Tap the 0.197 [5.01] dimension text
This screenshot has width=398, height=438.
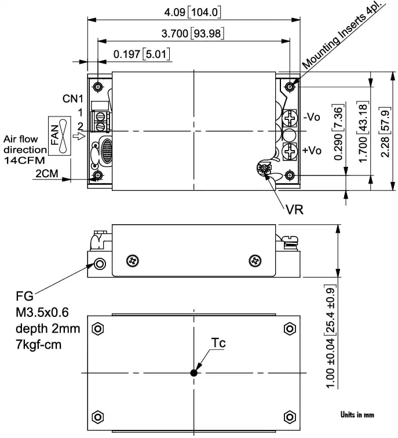click(x=141, y=54)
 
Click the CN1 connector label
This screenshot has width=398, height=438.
click(x=74, y=98)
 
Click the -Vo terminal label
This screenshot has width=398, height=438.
click(x=312, y=117)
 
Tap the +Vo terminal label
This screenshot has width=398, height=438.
click(x=312, y=151)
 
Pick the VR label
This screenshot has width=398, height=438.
click(x=294, y=209)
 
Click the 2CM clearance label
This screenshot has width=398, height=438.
click(x=46, y=173)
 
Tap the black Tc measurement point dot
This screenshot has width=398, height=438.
click(x=194, y=373)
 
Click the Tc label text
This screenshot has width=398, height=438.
click(x=218, y=343)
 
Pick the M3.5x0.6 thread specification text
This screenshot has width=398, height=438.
click(x=42, y=313)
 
